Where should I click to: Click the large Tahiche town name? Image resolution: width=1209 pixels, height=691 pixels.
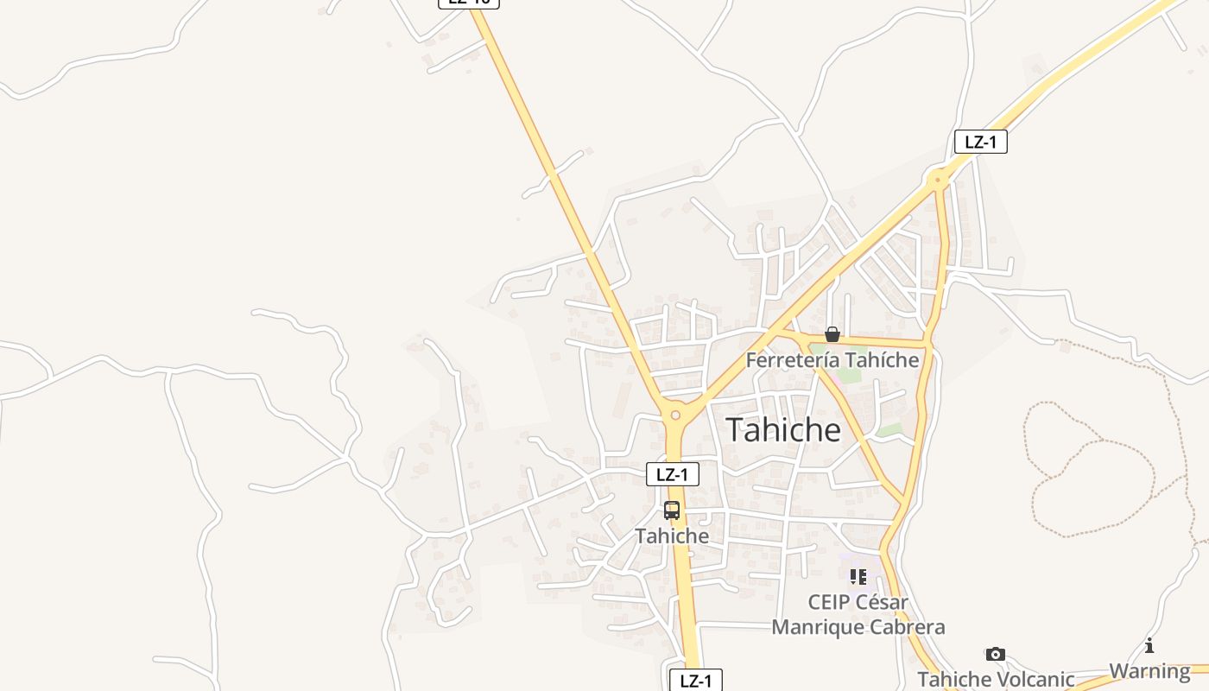coord(782,429)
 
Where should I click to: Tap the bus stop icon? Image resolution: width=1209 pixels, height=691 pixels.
coord(672,510)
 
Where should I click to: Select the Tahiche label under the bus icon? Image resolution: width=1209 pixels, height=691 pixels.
coord(672,536)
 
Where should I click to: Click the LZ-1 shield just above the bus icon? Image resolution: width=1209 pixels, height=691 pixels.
coord(672,473)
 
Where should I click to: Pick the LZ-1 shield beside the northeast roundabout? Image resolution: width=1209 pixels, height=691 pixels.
coord(980,142)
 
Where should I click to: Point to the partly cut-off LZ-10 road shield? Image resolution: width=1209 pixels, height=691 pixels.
coord(469,3)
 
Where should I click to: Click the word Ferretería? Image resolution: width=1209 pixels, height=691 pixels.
coord(792,359)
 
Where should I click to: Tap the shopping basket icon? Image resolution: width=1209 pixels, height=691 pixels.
coord(832,334)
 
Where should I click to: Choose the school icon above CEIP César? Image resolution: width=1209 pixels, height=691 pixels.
coord(858,576)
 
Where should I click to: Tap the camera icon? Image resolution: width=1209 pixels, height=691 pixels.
coord(996,654)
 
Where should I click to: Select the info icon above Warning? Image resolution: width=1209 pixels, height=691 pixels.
coord(1149,645)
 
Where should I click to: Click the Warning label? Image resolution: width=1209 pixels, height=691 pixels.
coord(1149,670)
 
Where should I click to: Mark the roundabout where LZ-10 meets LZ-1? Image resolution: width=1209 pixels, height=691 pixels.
coord(675,415)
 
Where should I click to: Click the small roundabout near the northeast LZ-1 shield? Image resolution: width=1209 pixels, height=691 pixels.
coord(938,181)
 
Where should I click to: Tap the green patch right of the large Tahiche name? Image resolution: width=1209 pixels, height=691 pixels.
coord(889,429)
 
